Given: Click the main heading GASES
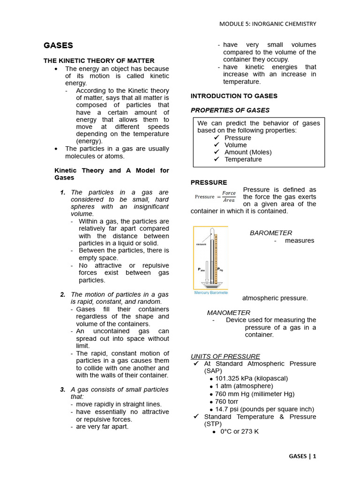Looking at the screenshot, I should [58, 45].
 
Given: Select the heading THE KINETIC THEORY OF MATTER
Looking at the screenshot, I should [99, 60].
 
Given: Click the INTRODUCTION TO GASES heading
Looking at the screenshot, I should [234, 96].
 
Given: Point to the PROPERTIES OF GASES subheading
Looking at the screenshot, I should [230, 110].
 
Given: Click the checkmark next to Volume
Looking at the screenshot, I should [216, 145].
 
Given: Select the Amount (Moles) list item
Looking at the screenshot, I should [247, 152].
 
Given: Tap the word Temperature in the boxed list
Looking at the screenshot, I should [243, 159].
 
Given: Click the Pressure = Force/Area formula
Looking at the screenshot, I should [215, 196].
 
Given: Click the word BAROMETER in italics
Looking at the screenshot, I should [270, 233].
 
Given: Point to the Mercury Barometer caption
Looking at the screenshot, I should [210, 292].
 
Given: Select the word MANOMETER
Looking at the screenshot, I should [228, 313].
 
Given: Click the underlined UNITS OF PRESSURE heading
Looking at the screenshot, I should [225, 356].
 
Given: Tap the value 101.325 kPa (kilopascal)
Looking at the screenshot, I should [251, 378].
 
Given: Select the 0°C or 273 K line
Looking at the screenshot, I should [239, 431].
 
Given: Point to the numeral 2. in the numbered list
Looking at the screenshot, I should [63, 294].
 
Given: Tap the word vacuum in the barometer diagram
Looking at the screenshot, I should [202, 244].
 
